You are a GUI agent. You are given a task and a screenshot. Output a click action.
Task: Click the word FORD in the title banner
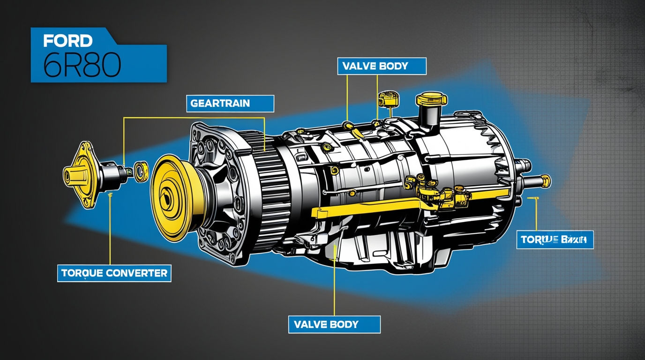click(67, 41)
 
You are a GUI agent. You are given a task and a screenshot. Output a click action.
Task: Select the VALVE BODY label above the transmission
click(381, 66)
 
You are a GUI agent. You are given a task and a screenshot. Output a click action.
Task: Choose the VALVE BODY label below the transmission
click(333, 324)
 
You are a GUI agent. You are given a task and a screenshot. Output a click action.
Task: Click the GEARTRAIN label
click(230, 104)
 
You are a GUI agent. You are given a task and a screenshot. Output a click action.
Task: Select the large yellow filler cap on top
click(431, 99)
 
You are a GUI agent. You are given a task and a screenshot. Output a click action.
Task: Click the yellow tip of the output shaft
click(545, 180)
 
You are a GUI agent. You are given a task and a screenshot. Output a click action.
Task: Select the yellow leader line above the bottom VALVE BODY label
click(334, 286)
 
